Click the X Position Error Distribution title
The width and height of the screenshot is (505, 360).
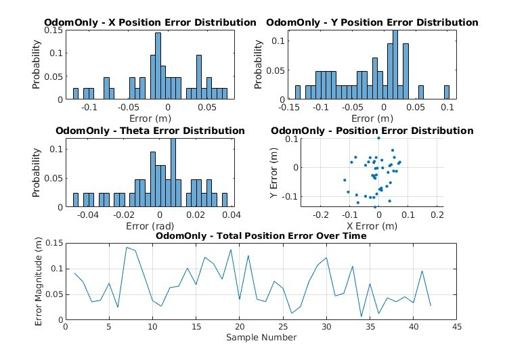point(182,22)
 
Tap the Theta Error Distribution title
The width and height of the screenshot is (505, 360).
point(182,131)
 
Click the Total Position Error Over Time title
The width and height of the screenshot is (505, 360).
point(292,235)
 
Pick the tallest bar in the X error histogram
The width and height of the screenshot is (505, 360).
point(158,66)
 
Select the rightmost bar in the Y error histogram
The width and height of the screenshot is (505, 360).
point(447,92)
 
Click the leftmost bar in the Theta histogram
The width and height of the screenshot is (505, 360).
point(76,200)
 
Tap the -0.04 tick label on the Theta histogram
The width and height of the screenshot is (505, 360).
point(88,215)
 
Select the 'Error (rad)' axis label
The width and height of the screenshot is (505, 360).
point(150,226)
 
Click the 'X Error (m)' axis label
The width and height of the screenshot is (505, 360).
point(372,226)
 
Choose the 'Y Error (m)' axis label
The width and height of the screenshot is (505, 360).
point(273,173)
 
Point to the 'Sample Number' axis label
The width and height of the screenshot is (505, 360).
point(261,338)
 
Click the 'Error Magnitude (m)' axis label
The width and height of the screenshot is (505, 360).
point(39,282)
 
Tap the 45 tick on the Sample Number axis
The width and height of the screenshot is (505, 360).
point(457,327)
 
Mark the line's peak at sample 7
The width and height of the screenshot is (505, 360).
point(127,247)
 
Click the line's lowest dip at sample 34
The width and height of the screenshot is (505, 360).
point(361,317)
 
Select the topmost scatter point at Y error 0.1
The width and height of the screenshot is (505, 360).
point(379,138)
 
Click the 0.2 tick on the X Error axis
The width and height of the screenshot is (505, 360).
point(437,215)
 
